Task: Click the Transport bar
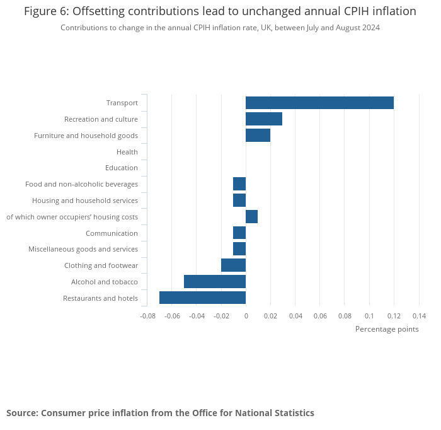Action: [319, 103]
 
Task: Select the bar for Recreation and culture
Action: [264, 119]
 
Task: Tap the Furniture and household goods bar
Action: [258, 135]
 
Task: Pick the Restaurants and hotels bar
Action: [202, 298]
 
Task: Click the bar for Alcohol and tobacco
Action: [215, 282]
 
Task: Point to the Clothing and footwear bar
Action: [233, 265]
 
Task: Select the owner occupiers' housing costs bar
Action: [251, 217]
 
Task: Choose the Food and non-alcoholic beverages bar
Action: [239, 184]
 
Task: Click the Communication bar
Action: [239, 233]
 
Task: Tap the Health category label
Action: [127, 152]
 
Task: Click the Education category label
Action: [122, 168]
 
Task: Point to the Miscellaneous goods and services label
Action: [83, 250]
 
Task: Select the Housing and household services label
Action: [85, 200]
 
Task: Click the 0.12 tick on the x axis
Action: [394, 316]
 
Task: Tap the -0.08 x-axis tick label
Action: [147, 316]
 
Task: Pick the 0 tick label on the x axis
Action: [246, 316]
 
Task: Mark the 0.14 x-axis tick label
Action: [419, 316]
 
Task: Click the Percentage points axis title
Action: [387, 329]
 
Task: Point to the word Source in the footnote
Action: [21, 413]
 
